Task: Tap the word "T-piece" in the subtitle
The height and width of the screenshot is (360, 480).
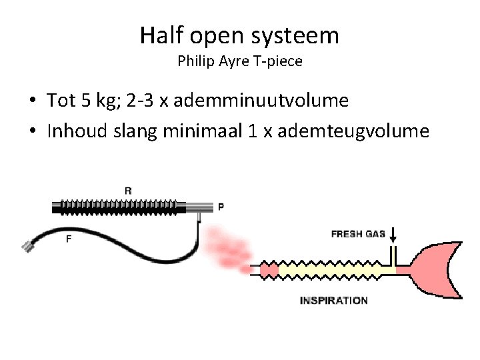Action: [x=279, y=61]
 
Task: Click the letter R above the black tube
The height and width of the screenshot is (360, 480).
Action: [x=128, y=191]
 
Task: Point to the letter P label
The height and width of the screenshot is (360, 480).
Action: [x=221, y=207]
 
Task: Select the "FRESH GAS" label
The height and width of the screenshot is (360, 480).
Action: [x=358, y=234]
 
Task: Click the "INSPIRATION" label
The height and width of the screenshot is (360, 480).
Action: [x=333, y=301]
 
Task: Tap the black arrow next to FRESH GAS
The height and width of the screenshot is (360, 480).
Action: [x=393, y=235]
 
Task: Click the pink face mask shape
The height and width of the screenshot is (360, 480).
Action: [x=437, y=269]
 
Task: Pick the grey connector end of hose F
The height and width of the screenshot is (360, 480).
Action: [x=28, y=247]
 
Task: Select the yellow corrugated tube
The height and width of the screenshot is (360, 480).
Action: [x=327, y=270]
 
